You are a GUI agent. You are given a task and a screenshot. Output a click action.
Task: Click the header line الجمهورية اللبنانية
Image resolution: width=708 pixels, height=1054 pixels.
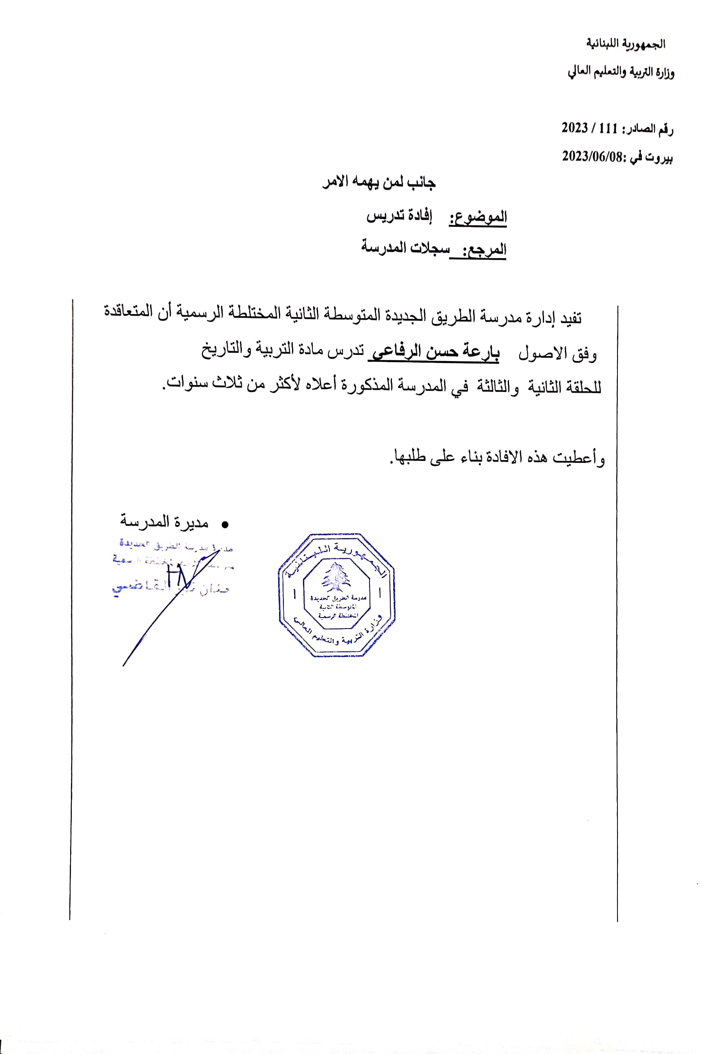(625, 43)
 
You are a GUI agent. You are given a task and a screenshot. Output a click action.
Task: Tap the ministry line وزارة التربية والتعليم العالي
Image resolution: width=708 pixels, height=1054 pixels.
(621, 72)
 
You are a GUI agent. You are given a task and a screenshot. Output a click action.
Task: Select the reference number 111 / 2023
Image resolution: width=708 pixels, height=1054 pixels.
(589, 129)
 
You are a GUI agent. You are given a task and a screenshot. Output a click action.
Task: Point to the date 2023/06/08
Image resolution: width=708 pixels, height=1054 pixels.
(592, 157)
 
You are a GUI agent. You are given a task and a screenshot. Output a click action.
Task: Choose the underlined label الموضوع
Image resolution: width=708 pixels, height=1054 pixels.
(478, 217)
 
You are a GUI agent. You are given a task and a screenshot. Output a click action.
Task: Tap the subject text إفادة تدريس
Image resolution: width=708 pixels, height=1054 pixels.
(399, 216)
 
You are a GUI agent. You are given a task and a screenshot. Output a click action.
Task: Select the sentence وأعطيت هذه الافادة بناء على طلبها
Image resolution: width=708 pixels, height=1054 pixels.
(497, 458)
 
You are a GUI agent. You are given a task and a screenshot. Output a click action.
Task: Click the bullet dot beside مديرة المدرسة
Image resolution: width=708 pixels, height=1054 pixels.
(225, 524)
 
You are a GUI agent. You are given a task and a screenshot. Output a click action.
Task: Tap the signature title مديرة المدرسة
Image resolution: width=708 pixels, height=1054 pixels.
(164, 522)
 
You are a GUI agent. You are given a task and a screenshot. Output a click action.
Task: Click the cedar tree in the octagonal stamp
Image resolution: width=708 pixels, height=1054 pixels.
(336, 577)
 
